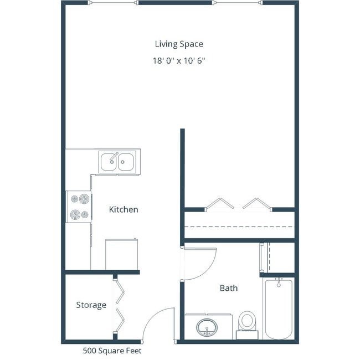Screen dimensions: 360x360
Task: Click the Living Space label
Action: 179,44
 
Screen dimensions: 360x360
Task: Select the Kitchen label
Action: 123,210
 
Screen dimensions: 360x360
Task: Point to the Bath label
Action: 228,288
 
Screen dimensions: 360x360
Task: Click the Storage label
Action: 91,305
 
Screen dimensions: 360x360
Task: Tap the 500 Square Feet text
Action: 112,351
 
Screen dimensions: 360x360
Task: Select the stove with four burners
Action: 79,207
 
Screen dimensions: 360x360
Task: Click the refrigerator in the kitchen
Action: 121,254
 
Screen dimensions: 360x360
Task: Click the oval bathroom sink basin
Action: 208,328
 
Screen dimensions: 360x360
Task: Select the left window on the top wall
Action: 113,3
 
